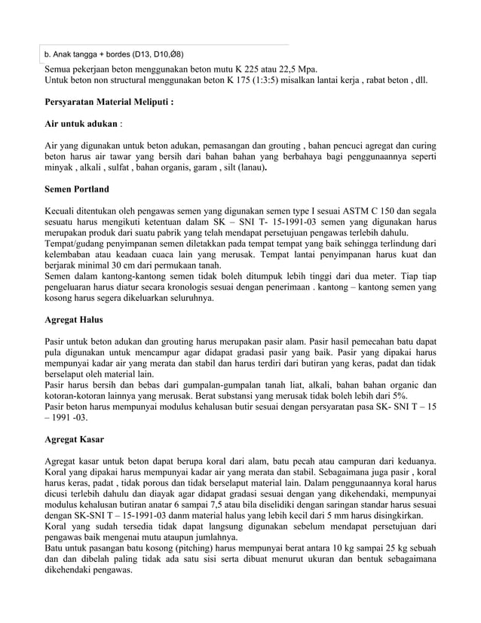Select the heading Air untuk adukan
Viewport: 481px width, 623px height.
coord(81,123)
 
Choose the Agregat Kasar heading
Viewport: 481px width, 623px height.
coord(75,439)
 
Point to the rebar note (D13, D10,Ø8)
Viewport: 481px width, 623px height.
coord(158,54)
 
